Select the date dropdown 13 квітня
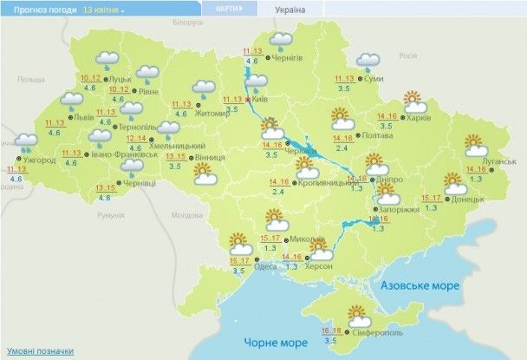[x=103, y=9]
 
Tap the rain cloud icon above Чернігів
[x=282, y=40]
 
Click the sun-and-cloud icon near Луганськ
[x=475, y=144]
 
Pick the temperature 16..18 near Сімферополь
[x=330, y=331]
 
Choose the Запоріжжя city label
[x=397, y=209]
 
